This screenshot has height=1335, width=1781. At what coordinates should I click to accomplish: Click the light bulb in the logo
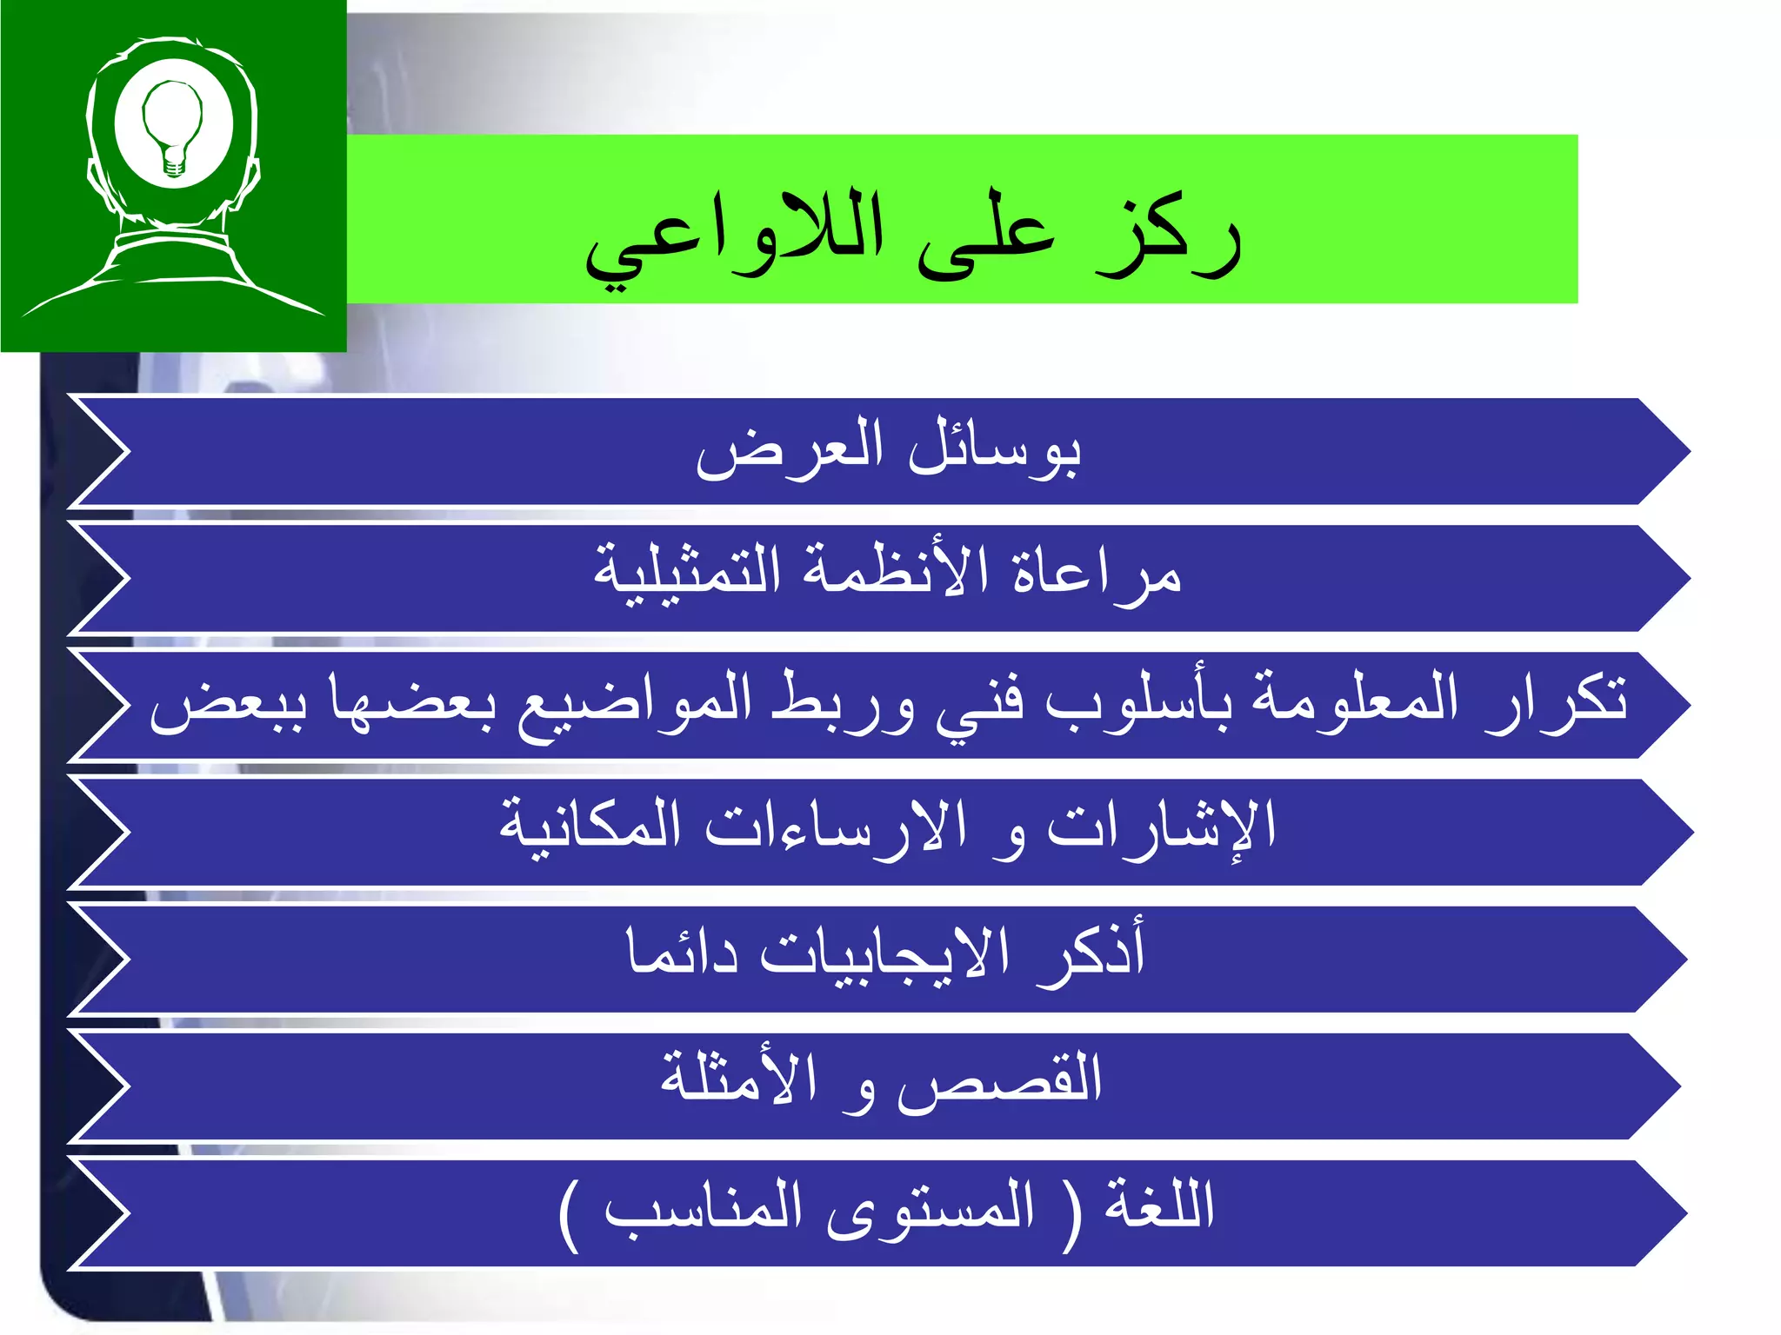172,126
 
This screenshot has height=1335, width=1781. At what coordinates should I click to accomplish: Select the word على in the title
985,239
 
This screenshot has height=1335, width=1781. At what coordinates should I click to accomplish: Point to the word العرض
790,448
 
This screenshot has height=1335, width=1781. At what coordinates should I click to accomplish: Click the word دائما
683,953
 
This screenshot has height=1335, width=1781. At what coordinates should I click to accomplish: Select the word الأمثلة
739,1078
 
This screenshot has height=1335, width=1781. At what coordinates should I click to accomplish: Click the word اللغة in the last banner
1158,1205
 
